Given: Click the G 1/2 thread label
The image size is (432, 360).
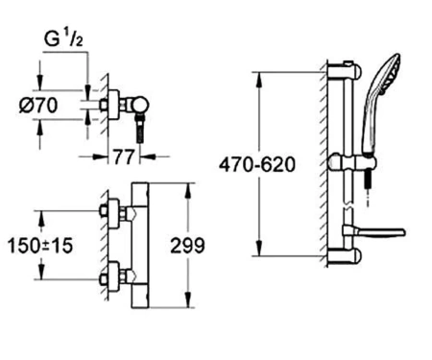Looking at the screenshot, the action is [63, 39].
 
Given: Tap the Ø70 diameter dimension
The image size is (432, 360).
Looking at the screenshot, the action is [38, 106].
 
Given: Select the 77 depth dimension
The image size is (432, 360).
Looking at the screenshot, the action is [123, 157].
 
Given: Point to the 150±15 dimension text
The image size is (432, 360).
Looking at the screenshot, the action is [40, 246].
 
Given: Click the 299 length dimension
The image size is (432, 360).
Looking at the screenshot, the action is [187, 246].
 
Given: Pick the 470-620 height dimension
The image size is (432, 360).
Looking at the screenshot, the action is [257, 165].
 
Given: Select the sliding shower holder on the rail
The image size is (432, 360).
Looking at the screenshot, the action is [352, 162].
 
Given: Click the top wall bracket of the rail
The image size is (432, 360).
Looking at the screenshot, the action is [345, 70].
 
